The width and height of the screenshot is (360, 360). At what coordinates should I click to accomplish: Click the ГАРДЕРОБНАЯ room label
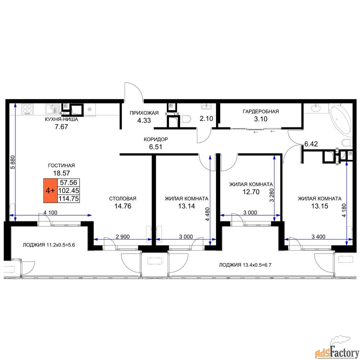261,112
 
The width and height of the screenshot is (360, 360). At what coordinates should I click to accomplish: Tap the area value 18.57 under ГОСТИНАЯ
62,173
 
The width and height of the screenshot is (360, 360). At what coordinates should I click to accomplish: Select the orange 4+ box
50,190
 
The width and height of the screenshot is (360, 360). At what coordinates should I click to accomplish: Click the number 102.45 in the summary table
69,190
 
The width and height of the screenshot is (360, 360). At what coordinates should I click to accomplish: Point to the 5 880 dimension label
13,162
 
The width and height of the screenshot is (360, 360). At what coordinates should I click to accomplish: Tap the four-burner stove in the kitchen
28,109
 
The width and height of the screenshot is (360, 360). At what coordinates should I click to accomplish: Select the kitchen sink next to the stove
53,109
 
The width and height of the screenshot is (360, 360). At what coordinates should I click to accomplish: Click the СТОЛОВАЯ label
123,199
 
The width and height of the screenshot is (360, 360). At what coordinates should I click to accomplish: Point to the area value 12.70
251,192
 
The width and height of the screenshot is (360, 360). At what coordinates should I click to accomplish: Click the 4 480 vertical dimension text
208,214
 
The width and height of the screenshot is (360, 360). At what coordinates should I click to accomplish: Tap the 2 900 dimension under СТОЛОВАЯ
123,237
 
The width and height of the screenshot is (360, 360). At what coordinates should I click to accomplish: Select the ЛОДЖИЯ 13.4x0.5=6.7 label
245,265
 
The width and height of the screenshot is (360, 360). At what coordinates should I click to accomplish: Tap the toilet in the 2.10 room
186,120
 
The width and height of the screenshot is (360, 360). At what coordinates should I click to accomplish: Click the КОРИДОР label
156,139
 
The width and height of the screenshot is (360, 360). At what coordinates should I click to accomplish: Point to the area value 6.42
311,144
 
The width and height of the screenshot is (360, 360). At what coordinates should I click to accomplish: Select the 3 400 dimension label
319,237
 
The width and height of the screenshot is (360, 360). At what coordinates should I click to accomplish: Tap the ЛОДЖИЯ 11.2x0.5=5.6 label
49,245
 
